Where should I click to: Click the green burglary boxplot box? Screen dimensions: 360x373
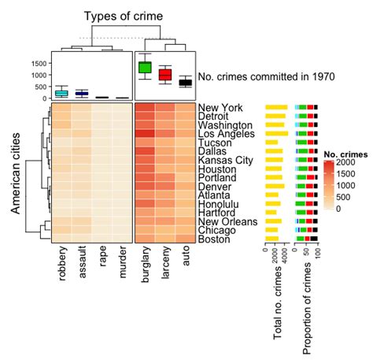pyautogui.click(x=145, y=67)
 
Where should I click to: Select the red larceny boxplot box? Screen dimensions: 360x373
pyautogui.click(x=165, y=75)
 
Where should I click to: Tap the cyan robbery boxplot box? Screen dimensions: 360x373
pyautogui.click(x=61, y=93)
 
